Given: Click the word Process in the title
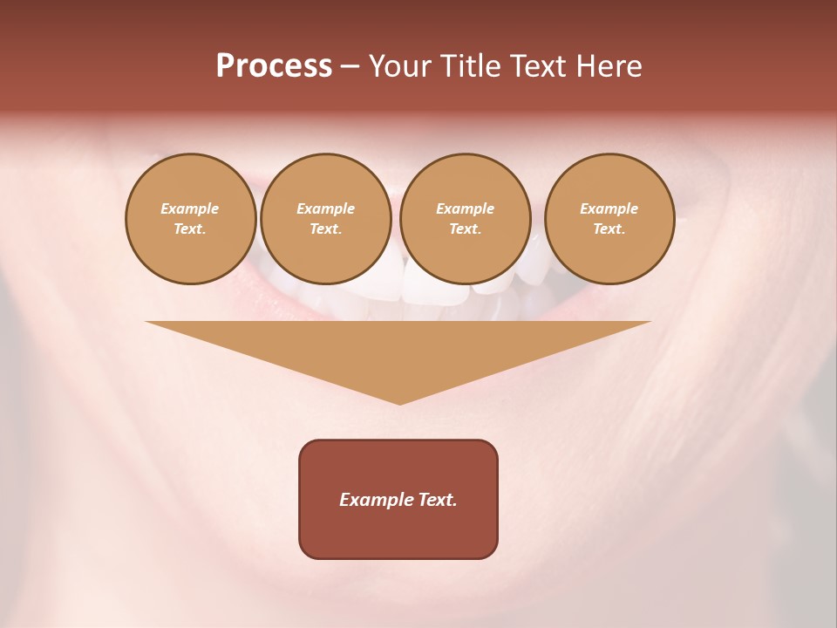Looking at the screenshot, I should [274, 66].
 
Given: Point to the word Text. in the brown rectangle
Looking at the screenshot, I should [436, 500].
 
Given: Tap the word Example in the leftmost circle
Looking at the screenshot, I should [190, 208].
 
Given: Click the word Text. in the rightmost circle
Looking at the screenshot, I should [609, 229].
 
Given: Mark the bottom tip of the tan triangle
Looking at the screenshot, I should [399, 402].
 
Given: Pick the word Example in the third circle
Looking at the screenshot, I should [465, 208].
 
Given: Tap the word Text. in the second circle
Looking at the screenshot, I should [325, 229].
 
